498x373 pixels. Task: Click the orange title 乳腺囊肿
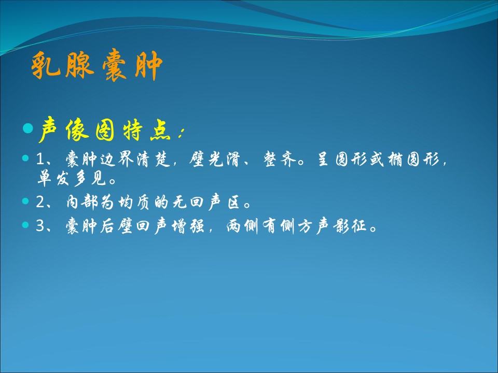(97, 65)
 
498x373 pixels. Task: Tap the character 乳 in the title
(46, 65)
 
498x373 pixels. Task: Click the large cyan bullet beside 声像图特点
(28, 128)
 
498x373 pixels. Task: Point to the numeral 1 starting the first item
(40, 159)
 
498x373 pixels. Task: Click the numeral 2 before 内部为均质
(40, 202)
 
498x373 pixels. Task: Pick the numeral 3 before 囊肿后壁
(40, 226)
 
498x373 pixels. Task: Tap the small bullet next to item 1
(25, 158)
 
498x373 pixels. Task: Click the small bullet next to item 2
(25, 201)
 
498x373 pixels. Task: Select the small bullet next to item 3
(25, 225)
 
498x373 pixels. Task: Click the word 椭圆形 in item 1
(413, 159)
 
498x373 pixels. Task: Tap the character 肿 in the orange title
(149, 65)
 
